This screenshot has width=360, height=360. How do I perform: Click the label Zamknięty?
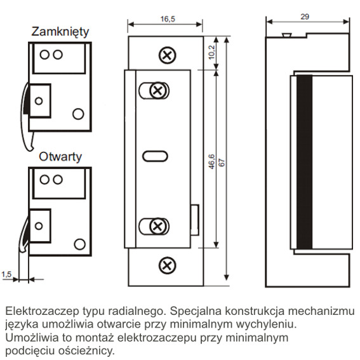click(x=60, y=32)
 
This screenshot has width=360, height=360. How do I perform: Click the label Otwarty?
click(x=60, y=157)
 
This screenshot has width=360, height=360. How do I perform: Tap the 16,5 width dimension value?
click(x=168, y=19)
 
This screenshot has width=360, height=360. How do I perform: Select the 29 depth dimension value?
click(x=305, y=17)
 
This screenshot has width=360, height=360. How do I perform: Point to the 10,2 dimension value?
click(x=211, y=52)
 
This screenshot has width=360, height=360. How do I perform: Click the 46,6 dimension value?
click(x=211, y=162)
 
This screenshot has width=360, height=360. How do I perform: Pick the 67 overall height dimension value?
click(x=222, y=163)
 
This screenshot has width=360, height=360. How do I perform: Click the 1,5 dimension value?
click(x=6, y=274)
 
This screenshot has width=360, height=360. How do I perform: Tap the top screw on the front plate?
click(x=168, y=55)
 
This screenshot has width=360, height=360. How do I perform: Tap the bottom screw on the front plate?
click(x=168, y=265)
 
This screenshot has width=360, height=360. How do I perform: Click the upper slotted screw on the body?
click(x=157, y=90)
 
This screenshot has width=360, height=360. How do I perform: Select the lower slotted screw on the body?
click(x=157, y=227)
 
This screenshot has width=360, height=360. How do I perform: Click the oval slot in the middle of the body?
click(x=155, y=156)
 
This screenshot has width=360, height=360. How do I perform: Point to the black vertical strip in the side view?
click(x=304, y=162)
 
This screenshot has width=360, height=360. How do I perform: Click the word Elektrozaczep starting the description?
click(x=42, y=311)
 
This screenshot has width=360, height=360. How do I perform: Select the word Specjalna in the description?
click(x=196, y=311)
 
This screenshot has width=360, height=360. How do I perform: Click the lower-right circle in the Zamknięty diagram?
click(x=78, y=114)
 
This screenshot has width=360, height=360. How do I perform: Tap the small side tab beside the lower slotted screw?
click(x=195, y=220)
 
